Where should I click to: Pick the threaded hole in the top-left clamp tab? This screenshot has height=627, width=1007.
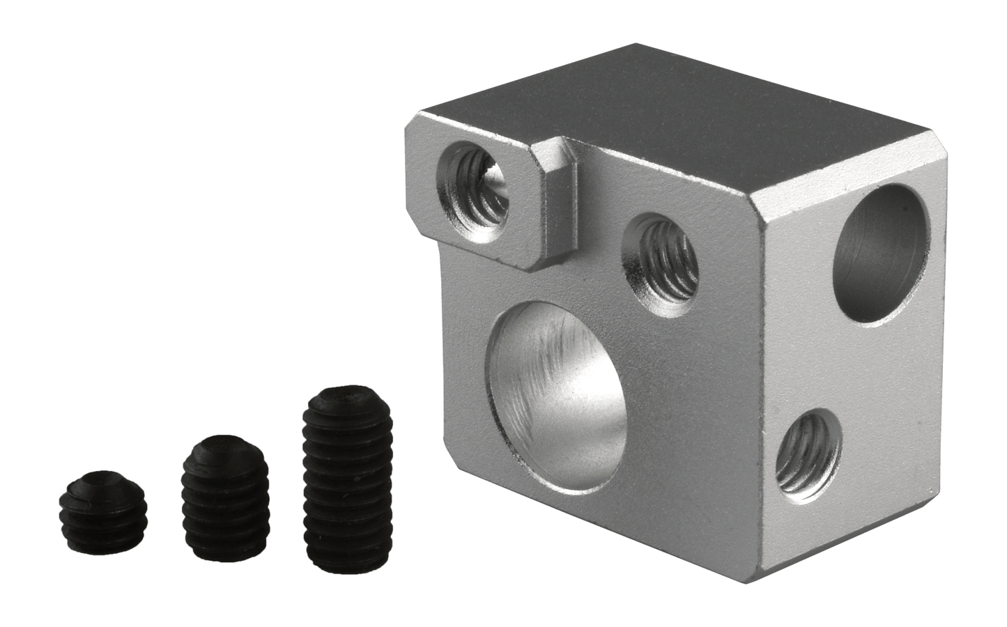click(x=473, y=187)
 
